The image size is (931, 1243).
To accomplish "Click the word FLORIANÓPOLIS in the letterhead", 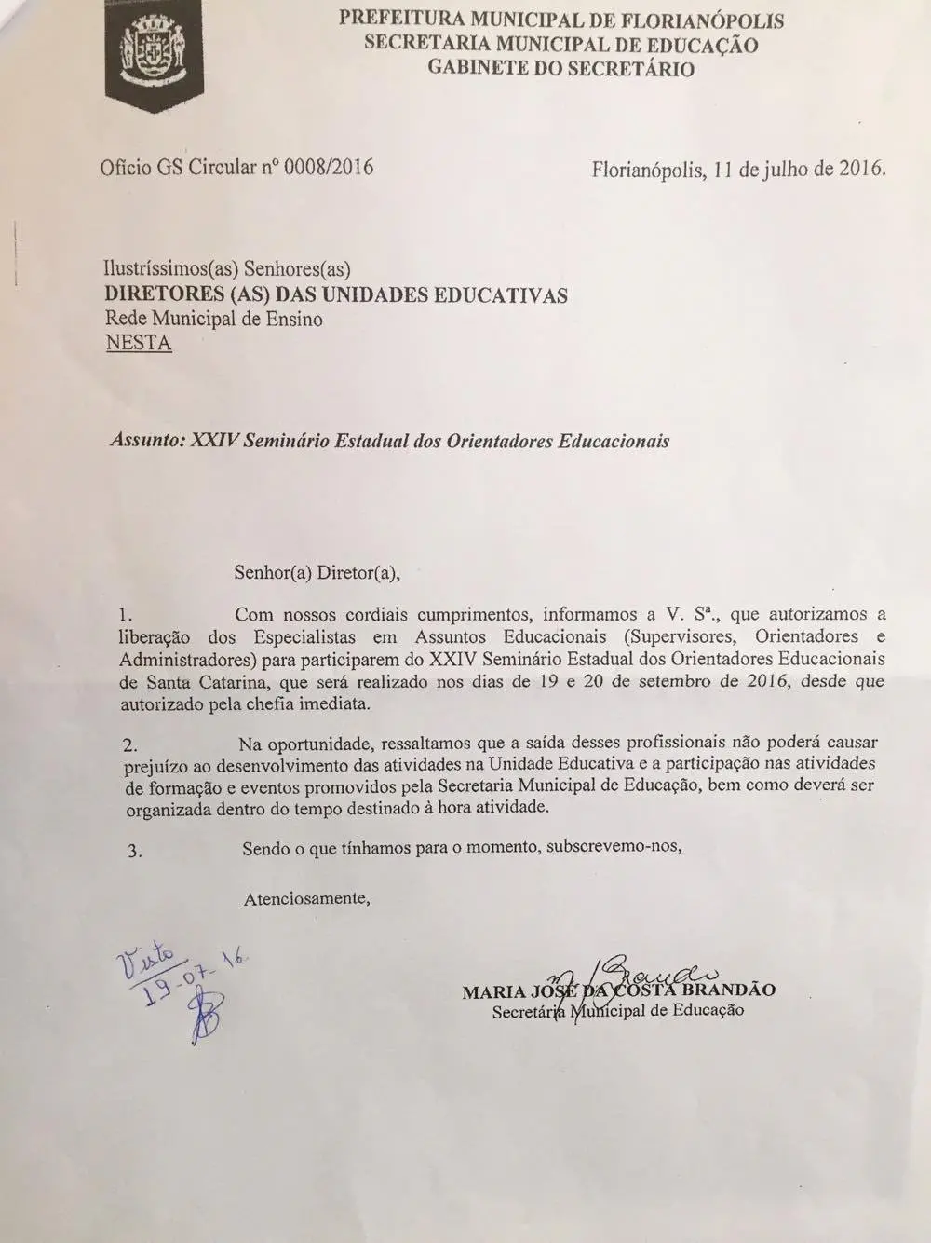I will click(690, 20).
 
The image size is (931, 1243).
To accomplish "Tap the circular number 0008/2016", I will click(328, 168).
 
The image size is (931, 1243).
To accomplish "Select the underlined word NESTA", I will click(138, 343).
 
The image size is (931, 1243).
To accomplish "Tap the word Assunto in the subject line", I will click(146, 441).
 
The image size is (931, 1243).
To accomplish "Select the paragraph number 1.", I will click(128, 615).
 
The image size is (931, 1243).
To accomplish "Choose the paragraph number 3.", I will click(134, 850).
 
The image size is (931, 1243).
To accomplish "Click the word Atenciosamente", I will click(307, 899).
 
